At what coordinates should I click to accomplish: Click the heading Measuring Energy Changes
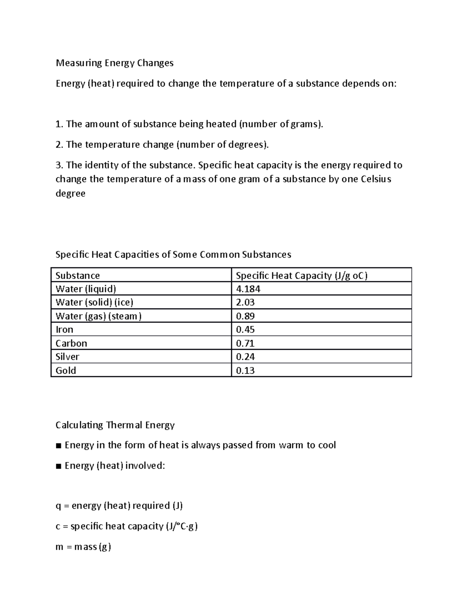(114, 63)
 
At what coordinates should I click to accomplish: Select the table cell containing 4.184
(248, 289)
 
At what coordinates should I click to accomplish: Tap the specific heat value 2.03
(245, 303)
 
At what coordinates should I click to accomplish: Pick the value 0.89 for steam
(245, 316)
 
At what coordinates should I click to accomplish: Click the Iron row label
(65, 330)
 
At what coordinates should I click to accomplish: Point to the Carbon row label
(71, 343)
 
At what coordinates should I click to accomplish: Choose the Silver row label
(67, 357)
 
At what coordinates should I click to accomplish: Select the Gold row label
(66, 371)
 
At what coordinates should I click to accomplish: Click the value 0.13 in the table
(245, 371)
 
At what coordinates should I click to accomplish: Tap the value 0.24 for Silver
(245, 357)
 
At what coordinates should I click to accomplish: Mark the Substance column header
(77, 275)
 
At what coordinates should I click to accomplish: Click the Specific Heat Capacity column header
(301, 275)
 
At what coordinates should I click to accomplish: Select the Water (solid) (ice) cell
(94, 303)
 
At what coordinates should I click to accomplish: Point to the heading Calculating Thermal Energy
(115, 425)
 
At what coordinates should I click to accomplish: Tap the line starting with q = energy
(119, 506)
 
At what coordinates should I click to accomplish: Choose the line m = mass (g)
(83, 547)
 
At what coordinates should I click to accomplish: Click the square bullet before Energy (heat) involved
(59, 466)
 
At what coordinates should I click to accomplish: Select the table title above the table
(173, 255)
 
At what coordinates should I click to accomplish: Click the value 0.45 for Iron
(245, 330)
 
